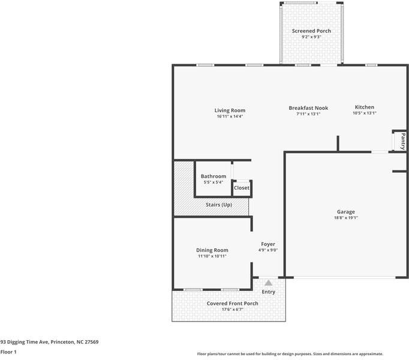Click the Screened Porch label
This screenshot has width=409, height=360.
pyautogui.click(x=311, y=31)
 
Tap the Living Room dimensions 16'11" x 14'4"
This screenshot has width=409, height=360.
pyautogui.click(x=230, y=116)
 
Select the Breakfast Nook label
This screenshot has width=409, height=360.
pyautogui.click(x=308, y=108)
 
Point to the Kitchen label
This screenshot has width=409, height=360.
pyautogui.click(x=365, y=107)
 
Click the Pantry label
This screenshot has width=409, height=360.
pyautogui.click(x=403, y=141)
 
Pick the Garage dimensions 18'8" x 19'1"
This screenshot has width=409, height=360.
pyautogui.click(x=346, y=218)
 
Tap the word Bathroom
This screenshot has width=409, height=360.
pyautogui.click(x=213, y=176)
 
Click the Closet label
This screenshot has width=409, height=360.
pyautogui.click(x=242, y=188)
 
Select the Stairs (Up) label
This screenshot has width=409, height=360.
pyautogui.click(x=219, y=205)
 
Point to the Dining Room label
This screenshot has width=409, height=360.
pyautogui.click(x=212, y=250)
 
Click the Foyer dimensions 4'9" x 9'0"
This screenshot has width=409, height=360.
pyautogui.click(x=268, y=250)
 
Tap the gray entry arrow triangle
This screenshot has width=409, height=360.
pyautogui.click(x=269, y=283)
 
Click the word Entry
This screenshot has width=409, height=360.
pyautogui.click(x=269, y=292)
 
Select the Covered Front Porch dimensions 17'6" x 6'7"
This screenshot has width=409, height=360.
pyautogui.click(x=233, y=310)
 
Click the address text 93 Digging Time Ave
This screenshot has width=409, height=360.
pyautogui.click(x=25, y=342)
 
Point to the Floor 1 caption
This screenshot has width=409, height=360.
pyautogui.click(x=8, y=352)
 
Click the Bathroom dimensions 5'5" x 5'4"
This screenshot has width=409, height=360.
pyautogui.click(x=213, y=182)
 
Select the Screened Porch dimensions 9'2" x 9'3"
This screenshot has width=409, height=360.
pyautogui.click(x=311, y=37)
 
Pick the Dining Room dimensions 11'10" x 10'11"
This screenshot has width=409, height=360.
pyautogui.click(x=212, y=256)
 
